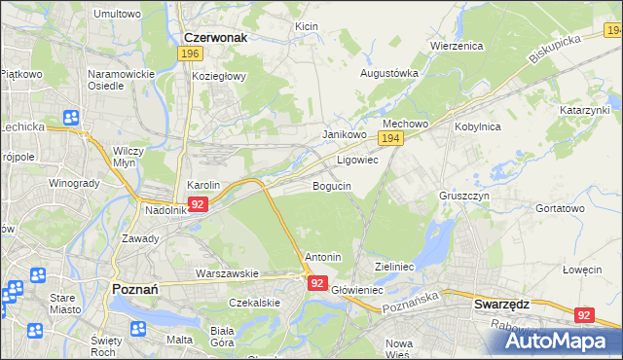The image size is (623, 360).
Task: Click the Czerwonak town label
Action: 215,38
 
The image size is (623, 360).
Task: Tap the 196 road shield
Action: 191,54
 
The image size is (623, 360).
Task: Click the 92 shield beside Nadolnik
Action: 198,204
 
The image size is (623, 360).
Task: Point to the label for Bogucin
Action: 332,185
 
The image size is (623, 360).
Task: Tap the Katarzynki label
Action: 583,111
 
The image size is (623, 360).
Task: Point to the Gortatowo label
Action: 560,208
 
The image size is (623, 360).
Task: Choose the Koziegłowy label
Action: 219,75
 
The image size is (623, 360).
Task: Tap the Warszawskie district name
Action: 226,273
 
